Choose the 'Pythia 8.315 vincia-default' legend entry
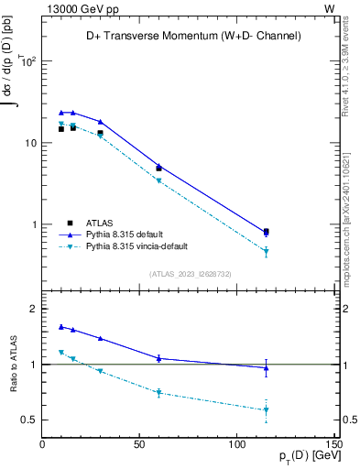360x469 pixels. point(137,246)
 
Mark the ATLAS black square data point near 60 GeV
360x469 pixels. point(158,169)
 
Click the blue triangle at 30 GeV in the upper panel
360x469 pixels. point(101,122)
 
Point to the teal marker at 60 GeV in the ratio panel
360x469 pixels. point(158,392)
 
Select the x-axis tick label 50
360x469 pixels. point(139,444)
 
